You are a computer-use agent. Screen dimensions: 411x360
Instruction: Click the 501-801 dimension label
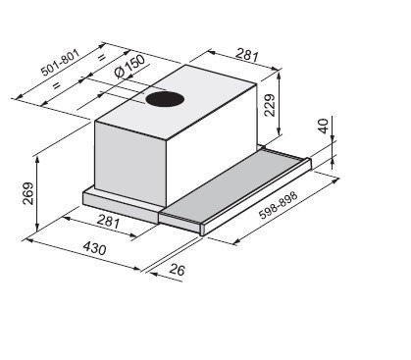pyautogui.click(x=60, y=63)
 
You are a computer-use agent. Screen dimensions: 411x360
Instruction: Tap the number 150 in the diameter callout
pyautogui.click(x=134, y=64)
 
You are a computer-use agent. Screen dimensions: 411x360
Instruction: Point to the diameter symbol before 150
pyautogui.click(x=120, y=74)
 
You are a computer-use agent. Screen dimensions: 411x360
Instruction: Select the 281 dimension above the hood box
pyautogui.click(x=247, y=55)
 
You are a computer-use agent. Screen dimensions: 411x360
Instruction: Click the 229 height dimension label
pyautogui.click(x=270, y=105)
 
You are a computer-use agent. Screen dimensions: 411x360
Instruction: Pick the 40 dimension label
pyautogui.click(x=323, y=127)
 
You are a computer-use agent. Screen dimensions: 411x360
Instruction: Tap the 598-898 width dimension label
pyautogui.click(x=279, y=205)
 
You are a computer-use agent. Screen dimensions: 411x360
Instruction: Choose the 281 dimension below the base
pyautogui.click(x=108, y=222)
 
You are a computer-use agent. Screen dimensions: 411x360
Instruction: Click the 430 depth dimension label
pyautogui.click(x=94, y=248)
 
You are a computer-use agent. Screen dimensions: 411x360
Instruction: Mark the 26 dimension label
pyautogui.click(x=178, y=270)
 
